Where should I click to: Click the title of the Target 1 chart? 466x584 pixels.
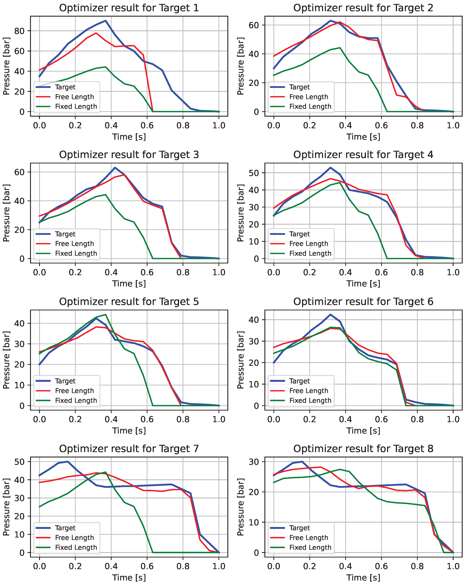129,8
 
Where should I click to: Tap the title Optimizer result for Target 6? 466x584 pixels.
363,301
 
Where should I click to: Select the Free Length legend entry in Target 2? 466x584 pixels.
309,97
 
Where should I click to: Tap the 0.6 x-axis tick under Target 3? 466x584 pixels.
147,272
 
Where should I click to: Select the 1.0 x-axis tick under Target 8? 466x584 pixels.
453,566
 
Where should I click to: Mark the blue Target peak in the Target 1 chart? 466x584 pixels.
105,21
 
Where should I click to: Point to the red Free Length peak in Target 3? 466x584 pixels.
124,175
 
